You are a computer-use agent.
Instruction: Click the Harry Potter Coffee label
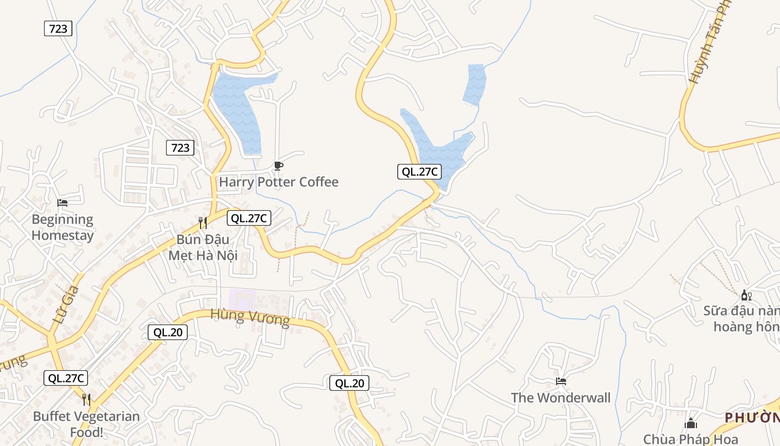pos(279,182)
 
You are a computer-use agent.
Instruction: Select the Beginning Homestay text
pos(62,227)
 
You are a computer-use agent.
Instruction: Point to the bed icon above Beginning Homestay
pos(62,202)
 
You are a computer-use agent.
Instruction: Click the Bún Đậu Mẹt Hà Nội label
pos(203,248)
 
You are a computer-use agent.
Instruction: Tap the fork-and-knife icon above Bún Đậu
pos(203,223)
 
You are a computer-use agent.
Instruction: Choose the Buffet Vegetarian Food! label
pos(86,424)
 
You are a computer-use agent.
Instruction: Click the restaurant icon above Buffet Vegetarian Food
pos(86,399)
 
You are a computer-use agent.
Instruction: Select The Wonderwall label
pos(560,397)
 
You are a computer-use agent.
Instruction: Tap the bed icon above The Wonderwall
pos(561,381)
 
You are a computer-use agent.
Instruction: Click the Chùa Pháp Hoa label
pos(690,439)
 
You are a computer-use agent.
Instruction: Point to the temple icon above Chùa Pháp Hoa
pos(691,424)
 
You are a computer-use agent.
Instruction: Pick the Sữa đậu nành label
pos(741,318)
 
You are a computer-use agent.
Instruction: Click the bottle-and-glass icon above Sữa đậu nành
pos(746,294)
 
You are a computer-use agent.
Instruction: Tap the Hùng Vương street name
pos(250,317)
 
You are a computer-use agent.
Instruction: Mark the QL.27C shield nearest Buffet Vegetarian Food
pos(66,378)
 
